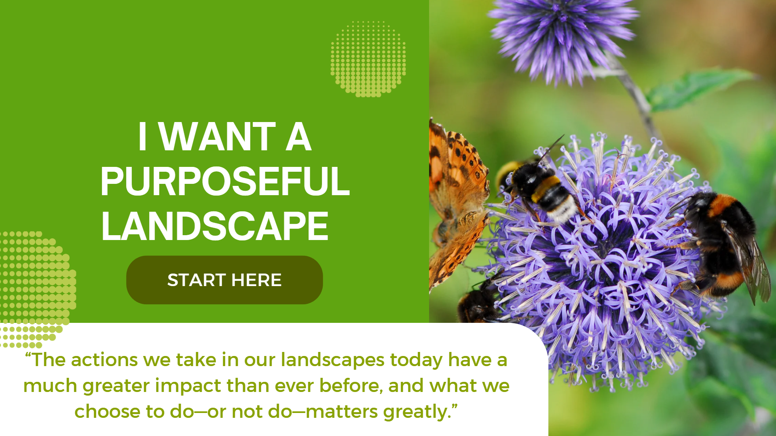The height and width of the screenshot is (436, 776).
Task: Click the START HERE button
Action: click(224, 280)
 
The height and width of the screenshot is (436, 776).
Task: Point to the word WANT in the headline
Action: click(218, 137)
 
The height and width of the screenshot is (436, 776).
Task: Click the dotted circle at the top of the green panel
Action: click(368, 59)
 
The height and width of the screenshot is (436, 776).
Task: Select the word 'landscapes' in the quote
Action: click(332, 360)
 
